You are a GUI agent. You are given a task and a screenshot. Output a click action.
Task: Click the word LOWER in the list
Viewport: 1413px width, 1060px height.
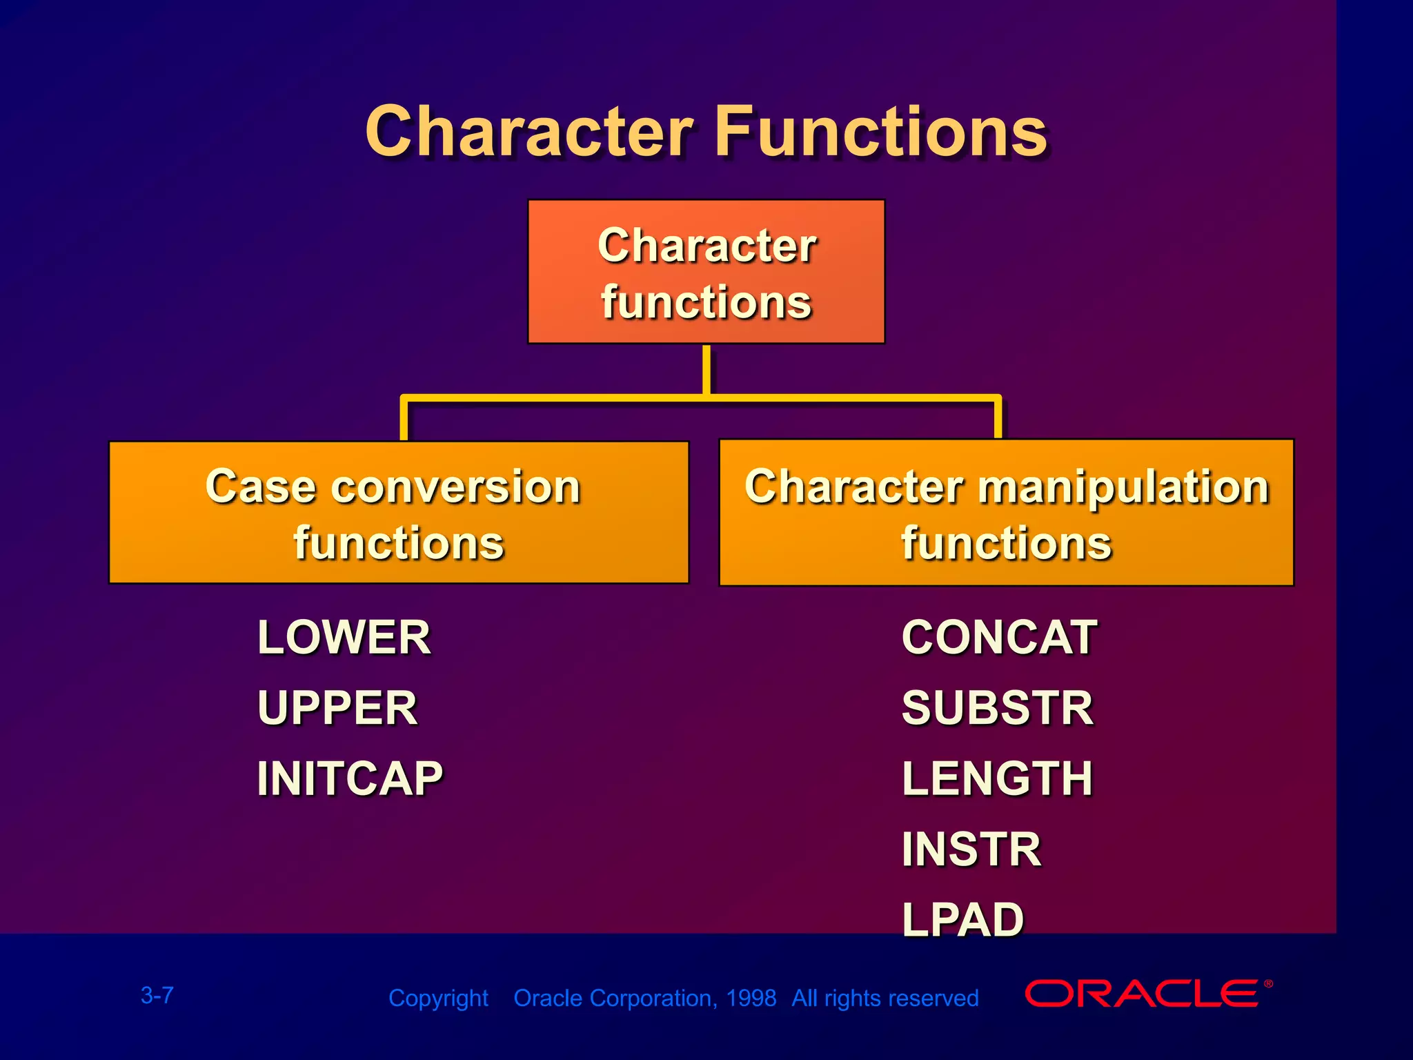pos(344,637)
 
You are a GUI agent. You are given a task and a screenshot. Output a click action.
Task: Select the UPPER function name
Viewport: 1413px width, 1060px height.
pos(337,708)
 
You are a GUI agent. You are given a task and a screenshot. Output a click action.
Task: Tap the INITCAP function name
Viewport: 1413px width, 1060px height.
pos(350,778)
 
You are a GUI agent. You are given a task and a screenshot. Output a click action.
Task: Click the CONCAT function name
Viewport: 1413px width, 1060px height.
pos(999,637)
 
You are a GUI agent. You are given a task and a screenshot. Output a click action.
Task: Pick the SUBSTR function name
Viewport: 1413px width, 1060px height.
pos(998,708)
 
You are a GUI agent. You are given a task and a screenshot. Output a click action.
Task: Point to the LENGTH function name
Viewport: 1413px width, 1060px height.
pos(997,778)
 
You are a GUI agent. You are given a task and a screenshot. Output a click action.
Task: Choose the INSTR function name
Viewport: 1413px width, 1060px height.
pos(971,849)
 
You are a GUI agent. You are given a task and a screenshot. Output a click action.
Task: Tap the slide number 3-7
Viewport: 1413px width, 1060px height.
pos(157,995)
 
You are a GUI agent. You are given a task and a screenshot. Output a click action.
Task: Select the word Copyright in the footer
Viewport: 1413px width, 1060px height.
pos(438,999)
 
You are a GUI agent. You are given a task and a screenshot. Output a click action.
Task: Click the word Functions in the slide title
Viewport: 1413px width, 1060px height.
pos(881,131)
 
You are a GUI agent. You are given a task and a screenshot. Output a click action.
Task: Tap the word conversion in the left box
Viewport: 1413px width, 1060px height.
pos(455,487)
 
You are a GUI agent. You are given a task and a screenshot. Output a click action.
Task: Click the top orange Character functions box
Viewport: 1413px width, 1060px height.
pos(706,271)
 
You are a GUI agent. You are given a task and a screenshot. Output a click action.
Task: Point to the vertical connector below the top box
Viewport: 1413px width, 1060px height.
pos(706,370)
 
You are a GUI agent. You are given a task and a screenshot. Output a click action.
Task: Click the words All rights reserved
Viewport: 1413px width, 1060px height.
pos(885,998)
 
